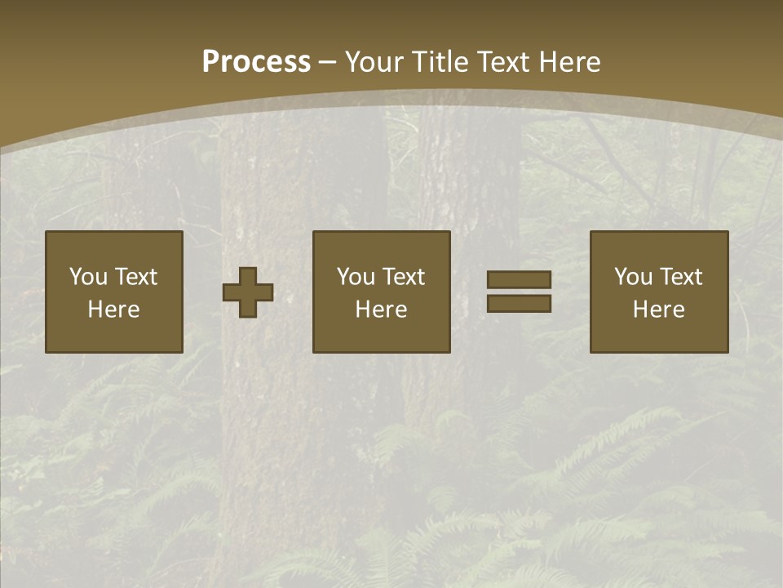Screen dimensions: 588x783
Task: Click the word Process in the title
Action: [256, 62]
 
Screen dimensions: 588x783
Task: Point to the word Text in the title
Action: [502, 62]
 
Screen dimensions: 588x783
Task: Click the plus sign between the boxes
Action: [248, 292]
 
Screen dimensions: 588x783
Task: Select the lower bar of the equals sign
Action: [519, 304]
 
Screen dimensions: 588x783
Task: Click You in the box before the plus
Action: [88, 277]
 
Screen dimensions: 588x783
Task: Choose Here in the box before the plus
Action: [113, 310]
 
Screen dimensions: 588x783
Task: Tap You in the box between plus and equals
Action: [356, 277]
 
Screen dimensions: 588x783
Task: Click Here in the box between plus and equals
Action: [381, 310]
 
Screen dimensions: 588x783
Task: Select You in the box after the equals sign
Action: [633, 277]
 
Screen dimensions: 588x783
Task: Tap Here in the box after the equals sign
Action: [658, 310]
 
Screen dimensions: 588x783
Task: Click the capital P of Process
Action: [211, 62]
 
